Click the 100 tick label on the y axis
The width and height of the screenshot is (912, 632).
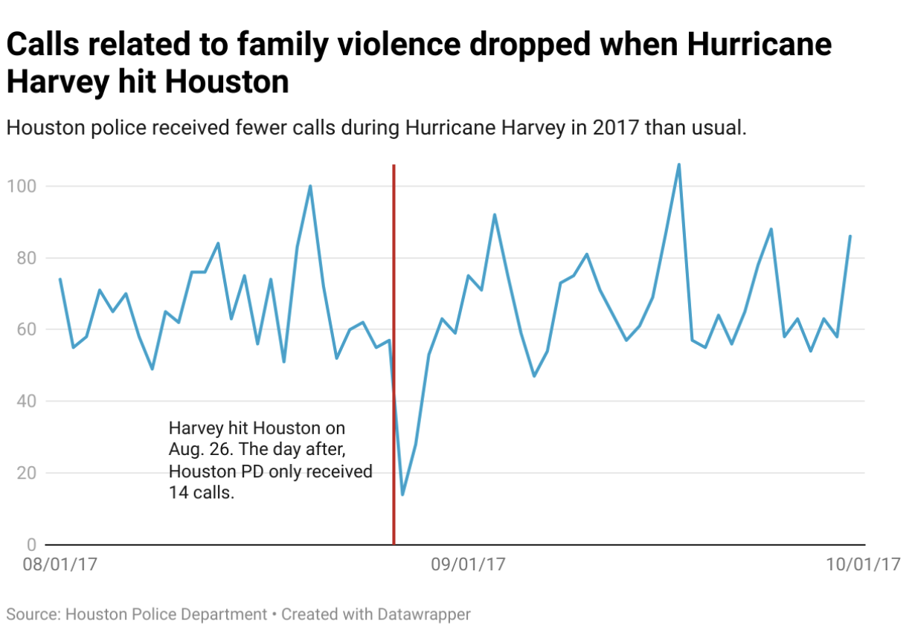point(21,186)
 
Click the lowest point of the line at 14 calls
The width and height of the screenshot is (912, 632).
point(402,494)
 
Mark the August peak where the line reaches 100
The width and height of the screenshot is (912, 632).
point(310,186)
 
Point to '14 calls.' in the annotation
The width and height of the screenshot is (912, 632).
point(202,493)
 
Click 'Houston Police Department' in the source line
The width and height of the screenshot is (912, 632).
point(166,615)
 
